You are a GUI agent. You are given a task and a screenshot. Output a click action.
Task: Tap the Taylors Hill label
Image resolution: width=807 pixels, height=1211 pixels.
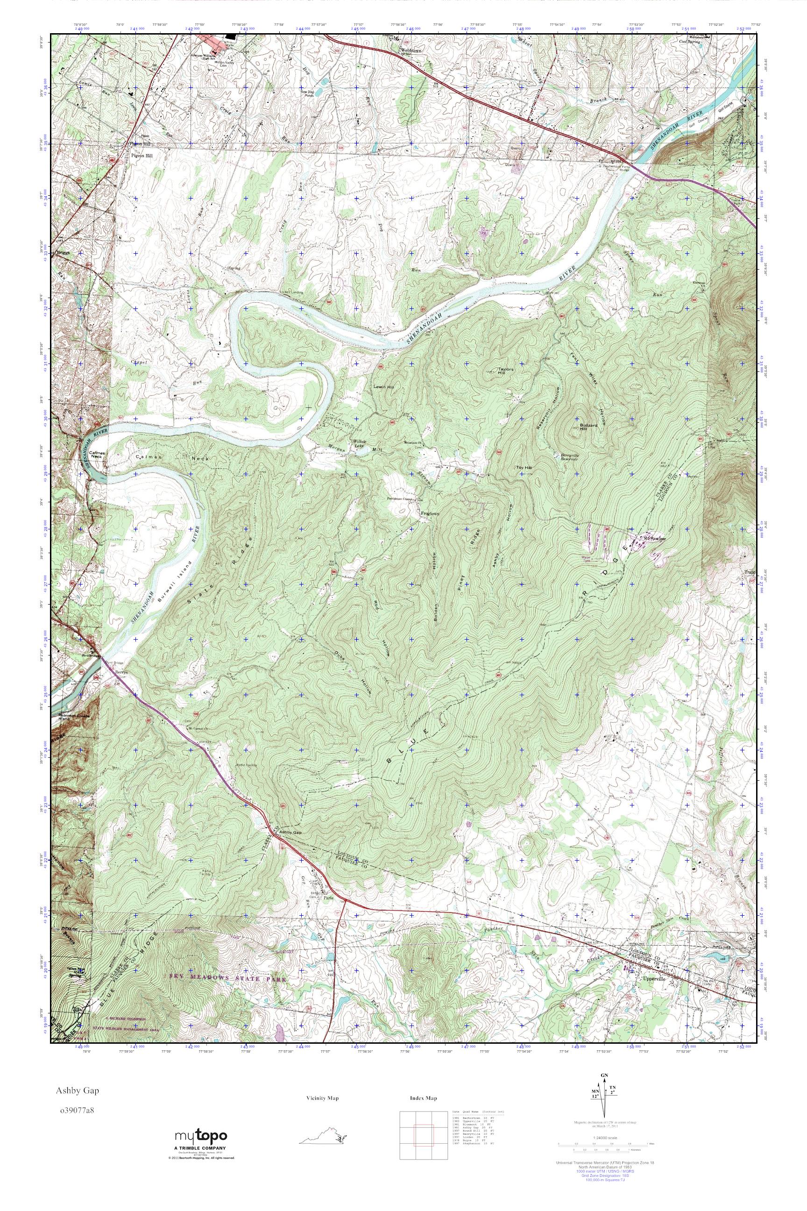(506, 370)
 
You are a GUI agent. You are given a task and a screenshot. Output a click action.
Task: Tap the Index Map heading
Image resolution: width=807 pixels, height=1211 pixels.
(424, 1094)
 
